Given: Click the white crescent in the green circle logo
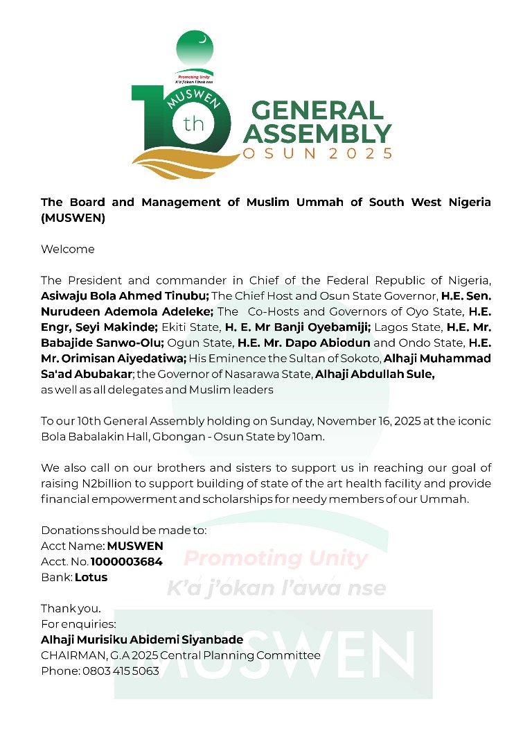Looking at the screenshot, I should pyautogui.click(x=202, y=40).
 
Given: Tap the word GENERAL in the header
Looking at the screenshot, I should pyautogui.click(x=317, y=111).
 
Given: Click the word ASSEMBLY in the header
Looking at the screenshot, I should pyautogui.click(x=317, y=132).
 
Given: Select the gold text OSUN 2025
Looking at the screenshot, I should pyautogui.click(x=318, y=153).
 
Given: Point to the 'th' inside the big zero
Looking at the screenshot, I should pyautogui.click(x=193, y=126).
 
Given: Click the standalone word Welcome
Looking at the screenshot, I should pyautogui.click(x=68, y=249).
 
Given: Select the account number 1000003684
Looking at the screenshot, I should pyautogui.click(x=127, y=562).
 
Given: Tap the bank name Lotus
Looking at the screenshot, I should pyautogui.click(x=91, y=577).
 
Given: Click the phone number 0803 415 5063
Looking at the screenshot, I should pyautogui.click(x=121, y=671).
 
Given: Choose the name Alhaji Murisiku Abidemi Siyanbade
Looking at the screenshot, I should pyautogui.click(x=142, y=640).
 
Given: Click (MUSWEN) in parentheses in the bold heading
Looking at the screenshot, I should pyautogui.click(x=73, y=218).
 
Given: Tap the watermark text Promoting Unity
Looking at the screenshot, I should pyautogui.click(x=276, y=558).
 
